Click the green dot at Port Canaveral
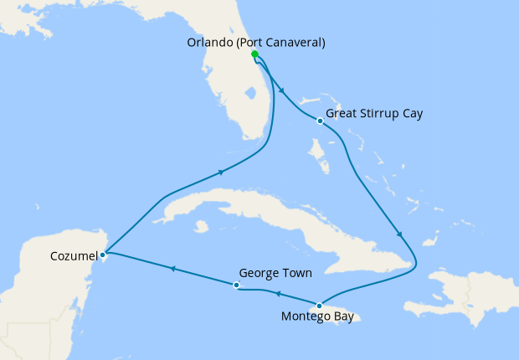(x=254, y=54)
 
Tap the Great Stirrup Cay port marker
(x=320, y=121)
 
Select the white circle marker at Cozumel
(x=102, y=254)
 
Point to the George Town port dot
(x=237, y=285)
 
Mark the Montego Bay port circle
(x=319, y=306)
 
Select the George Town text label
(x=275, y=273)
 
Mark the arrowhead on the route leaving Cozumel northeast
(x=221, y=172)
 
